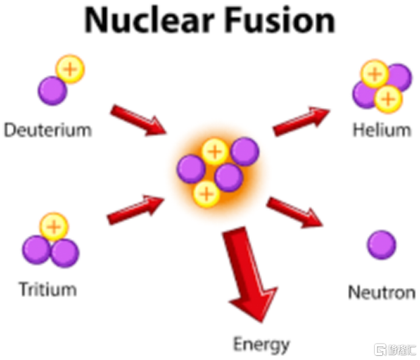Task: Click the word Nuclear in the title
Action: [x=149, y=20]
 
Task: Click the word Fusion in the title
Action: [x=280, y=20]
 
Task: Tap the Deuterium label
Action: [x=48, y=130]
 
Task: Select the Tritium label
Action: [x=48, y=289]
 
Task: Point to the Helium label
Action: [x=382, y=130]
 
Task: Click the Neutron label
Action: [x=382, y=292]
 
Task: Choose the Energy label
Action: [x=262, y=345]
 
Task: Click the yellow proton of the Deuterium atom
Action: [x=70, y=69]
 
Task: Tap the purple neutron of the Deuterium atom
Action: [x=52, y=90]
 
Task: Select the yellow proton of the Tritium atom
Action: [x=54, y=227]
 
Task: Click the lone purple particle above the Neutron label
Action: [x=382, y=245]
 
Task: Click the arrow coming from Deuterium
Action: [x=138, y=120]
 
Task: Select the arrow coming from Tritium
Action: [x=135, y=210]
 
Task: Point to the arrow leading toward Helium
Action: [x=301, y=121]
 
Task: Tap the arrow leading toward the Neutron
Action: [x=294, y=212]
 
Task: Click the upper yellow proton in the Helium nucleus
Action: [x=375, y=74]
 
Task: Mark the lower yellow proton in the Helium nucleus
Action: [x=388, y=99]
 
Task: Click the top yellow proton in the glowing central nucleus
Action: [x=215, y=152]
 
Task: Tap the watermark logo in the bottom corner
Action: [x=395, y=350]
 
